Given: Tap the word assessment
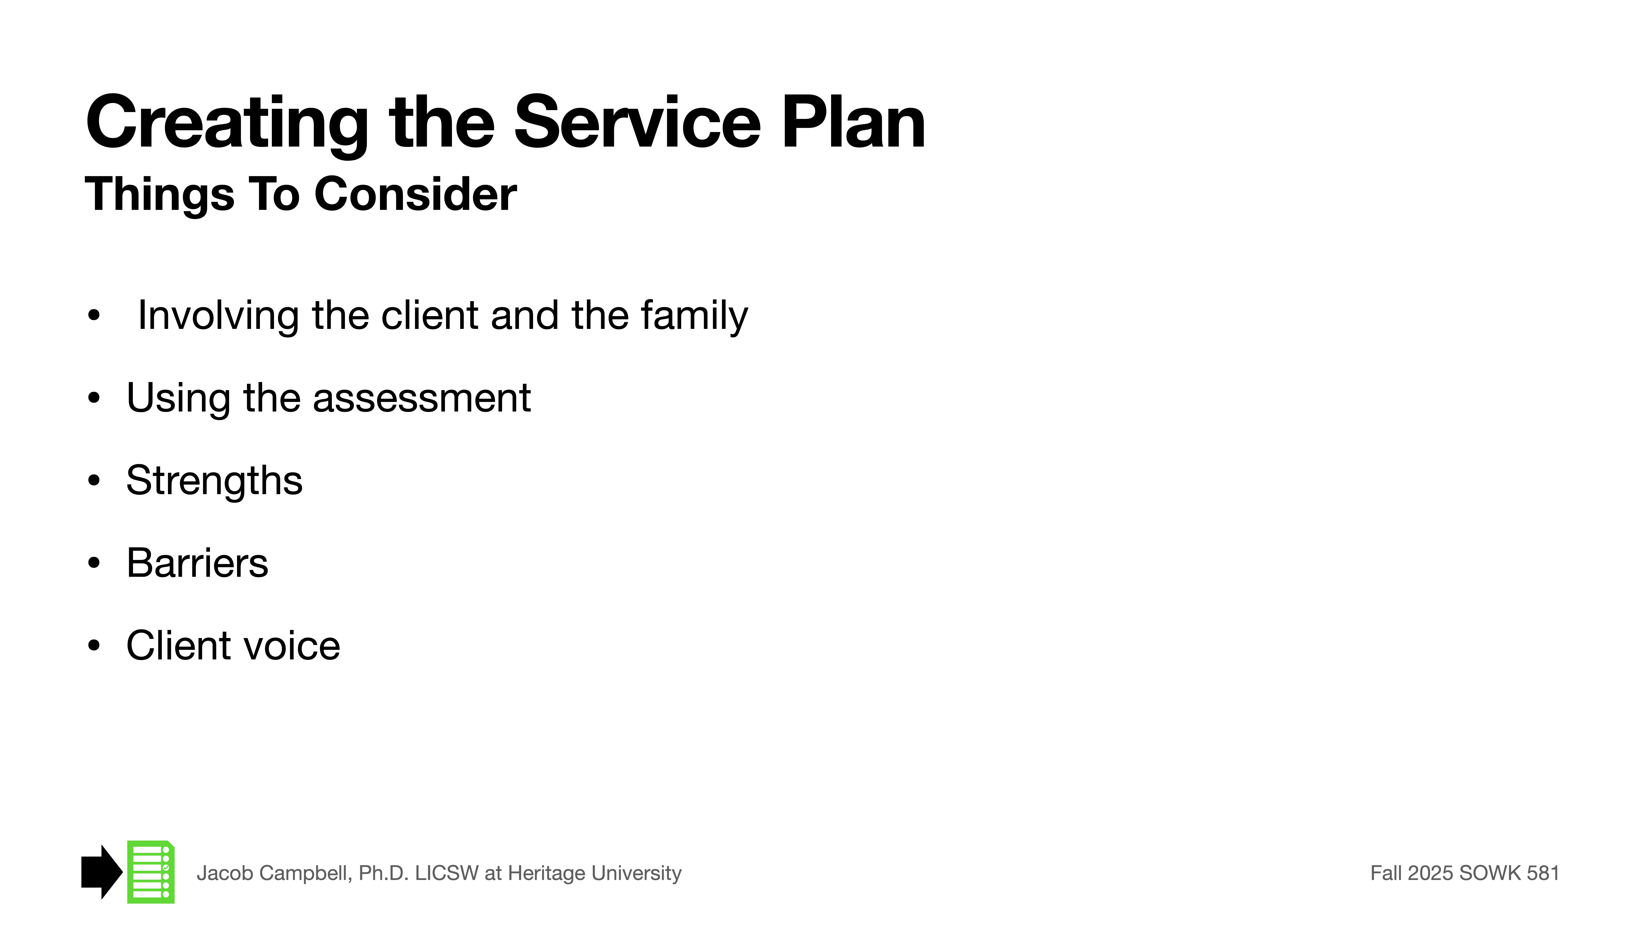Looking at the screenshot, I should pyautogui.click(x=421, y=398).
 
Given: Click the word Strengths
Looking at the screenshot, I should pyautogui.click(x=214, y=481).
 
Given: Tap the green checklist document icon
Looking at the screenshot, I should pyautogui.click(x=151, y=872).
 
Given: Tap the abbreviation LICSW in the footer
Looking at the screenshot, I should pyautogui.click(x=446, y=873).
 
